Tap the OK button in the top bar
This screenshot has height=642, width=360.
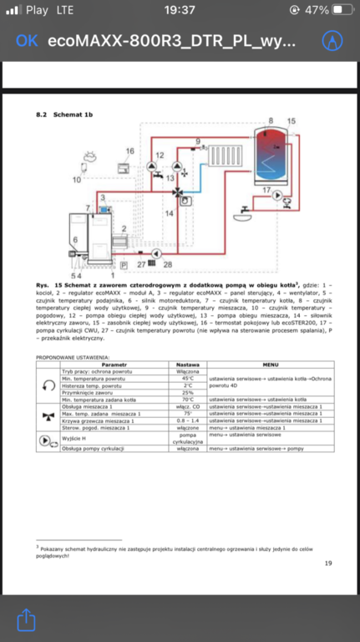click(x=26, y=41)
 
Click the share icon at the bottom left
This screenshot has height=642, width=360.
click(x=27, y=619)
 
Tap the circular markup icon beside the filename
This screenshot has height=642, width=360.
click(x=333, y=41)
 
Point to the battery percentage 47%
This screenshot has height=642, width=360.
click(x=317, y=11)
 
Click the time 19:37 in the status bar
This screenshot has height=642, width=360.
click(x=180, y=11)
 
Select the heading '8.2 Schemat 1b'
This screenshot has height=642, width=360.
click(x=63, y=113)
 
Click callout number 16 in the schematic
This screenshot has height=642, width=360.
click(x=130, y=151)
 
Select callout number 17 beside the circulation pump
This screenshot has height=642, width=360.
click(x=266, y=191)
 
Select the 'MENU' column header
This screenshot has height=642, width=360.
click(x=270, y=364)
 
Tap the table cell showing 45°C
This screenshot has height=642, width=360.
click(x=187, y=378)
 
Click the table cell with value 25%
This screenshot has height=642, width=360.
click(x=187, y=392)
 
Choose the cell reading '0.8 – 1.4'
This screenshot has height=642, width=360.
click(x=187, y=420)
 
